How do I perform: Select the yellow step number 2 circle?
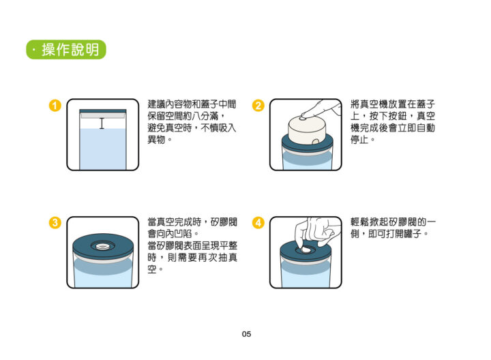point(258,106)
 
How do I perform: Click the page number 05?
point(246,334)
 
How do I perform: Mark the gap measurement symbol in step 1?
point(102,123)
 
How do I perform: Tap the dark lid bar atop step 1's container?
point(102,110)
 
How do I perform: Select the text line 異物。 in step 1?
point(160,140)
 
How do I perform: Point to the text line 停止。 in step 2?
point(362,140)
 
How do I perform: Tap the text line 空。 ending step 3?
point(155,269)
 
